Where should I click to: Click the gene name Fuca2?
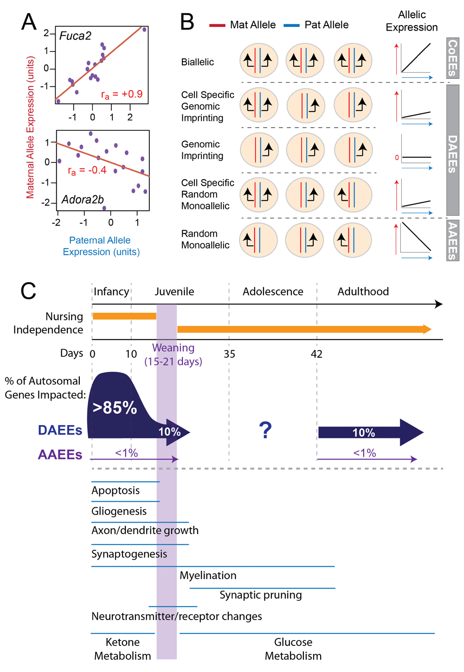tap(75, 36)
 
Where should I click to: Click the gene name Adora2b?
tap(83, 200)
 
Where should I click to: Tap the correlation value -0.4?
tap(97, 170)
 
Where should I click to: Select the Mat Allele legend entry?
tap(242, 25)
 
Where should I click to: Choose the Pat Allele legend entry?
tap(316, 25)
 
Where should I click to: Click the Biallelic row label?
tap(197, 62)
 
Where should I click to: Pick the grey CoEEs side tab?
tap(452, 58)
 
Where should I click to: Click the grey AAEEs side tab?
tap(452, 240)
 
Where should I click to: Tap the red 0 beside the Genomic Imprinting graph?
tap(397, 157)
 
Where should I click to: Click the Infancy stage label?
tap(111, 291)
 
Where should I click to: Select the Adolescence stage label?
tap(273, 291)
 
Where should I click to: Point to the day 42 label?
tap(316, 354)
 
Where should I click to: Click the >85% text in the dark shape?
tap(115, 407)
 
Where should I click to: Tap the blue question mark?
tap(265, 430)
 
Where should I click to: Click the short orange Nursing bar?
tap(124, 316)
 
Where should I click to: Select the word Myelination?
tap(208, 575)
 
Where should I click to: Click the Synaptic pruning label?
tap(261, 594)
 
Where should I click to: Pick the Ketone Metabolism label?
tap(122, 649)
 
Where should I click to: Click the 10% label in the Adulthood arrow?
tap(363, 433)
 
